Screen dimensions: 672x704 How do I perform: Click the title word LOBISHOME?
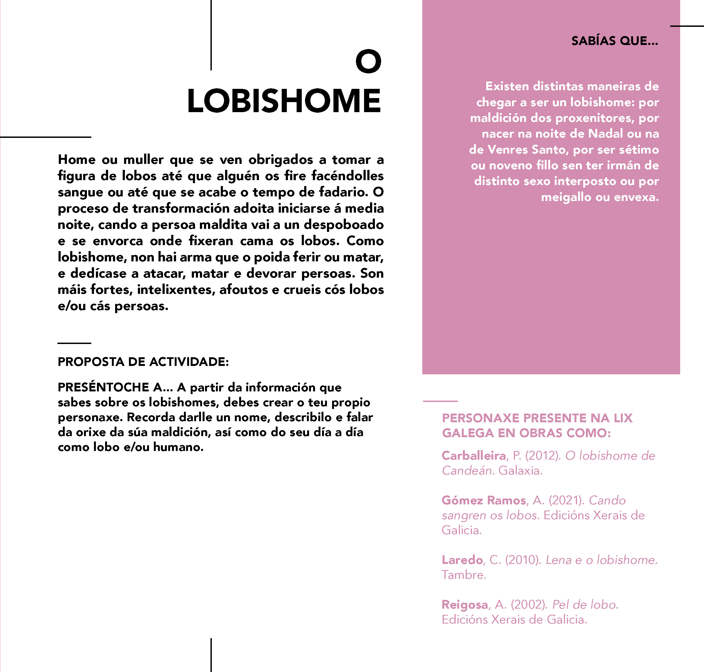pos(284,101)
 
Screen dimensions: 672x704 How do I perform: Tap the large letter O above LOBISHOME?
pos(368,61)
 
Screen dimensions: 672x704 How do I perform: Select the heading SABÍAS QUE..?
pos(614,41)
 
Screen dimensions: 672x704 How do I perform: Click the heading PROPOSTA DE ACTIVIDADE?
pos(143,362)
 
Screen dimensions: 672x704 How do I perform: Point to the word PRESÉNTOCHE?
pos(103,387)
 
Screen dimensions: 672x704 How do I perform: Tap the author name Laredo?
pos(462,560)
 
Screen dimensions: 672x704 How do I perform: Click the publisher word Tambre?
pos(464,575)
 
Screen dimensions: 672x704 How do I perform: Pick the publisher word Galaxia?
pos(520,471)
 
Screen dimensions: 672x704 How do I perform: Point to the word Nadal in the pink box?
pos(605,134)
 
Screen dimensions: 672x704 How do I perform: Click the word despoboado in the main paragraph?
pos(343,225)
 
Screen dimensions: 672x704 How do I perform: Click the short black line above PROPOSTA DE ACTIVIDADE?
pos(74,343)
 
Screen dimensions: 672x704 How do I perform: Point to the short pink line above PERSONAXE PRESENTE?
pos(440,401)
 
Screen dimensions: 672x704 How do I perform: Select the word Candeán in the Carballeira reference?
pos(468,471)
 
